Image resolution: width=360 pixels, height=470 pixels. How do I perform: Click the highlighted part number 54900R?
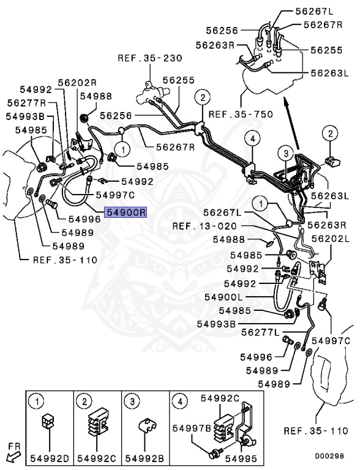[126, 212]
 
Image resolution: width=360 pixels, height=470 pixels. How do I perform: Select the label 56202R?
[78, 83]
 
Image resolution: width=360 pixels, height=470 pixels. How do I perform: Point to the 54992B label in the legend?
[144, 457]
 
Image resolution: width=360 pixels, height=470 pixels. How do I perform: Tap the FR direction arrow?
[10, 455]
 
